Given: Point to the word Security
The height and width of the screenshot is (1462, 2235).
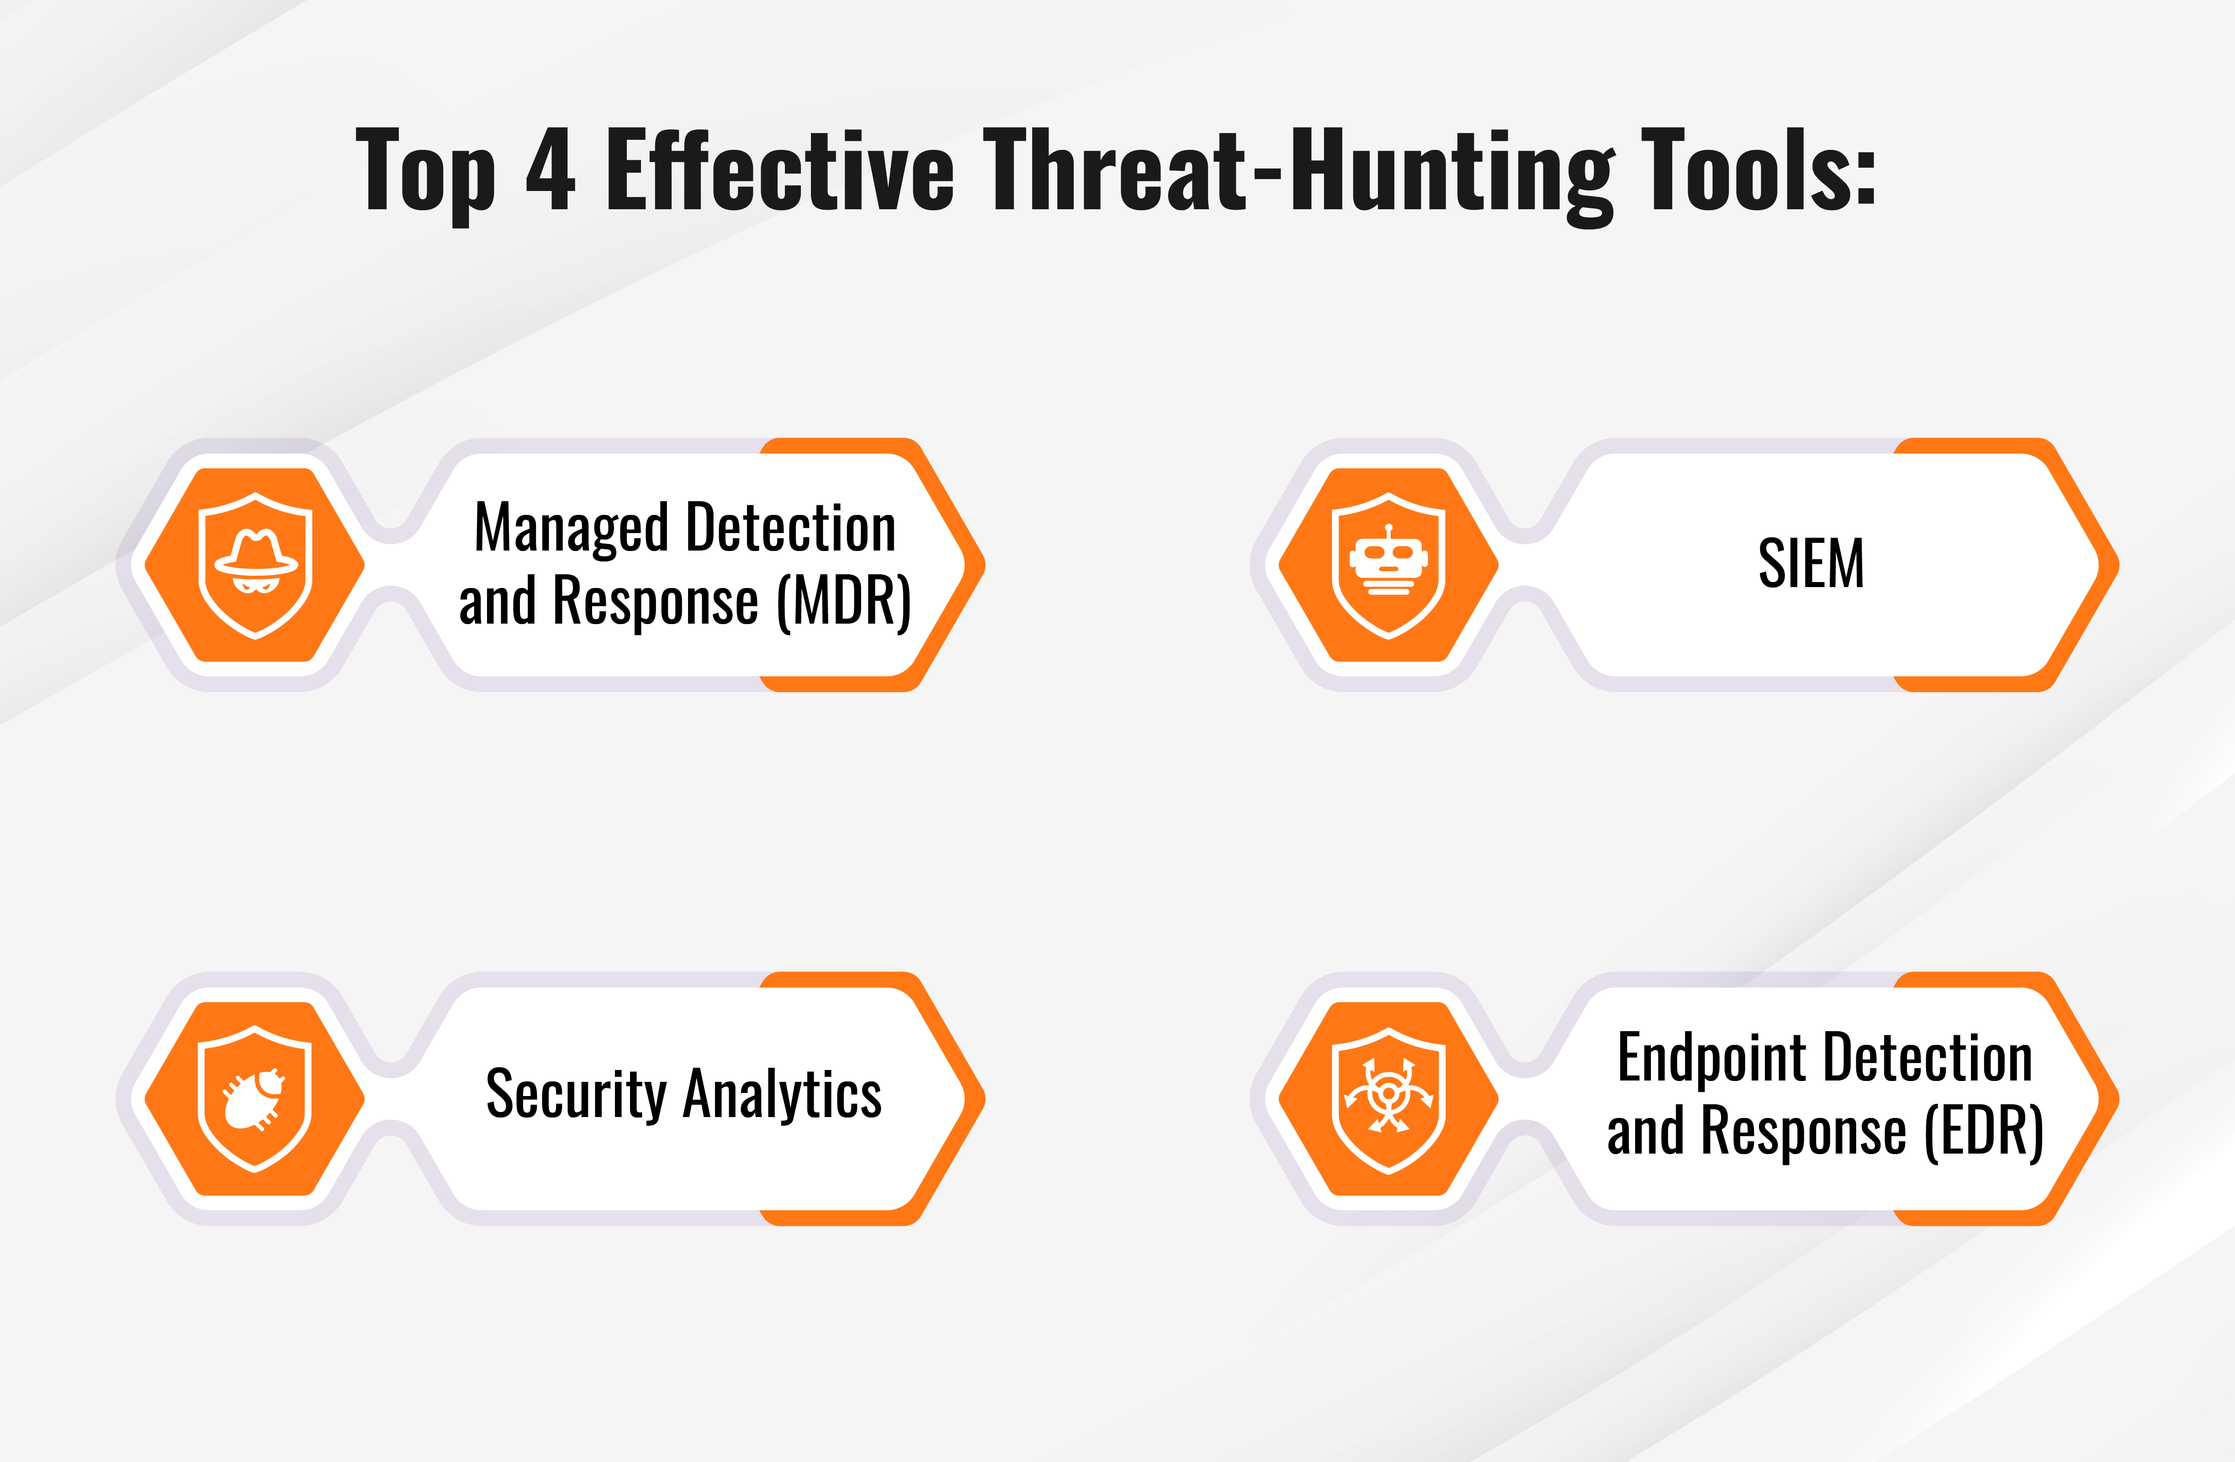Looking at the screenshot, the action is (x=576, y=1095).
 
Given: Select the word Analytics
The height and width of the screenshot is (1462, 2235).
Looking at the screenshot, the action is (x=782, y=1095).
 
